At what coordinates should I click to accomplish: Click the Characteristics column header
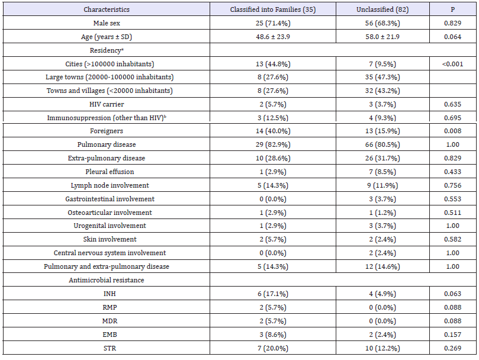click(x=107, y=9)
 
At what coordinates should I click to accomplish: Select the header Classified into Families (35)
click(x=273, y=9)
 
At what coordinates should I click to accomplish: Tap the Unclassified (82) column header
click(x=382, y=9)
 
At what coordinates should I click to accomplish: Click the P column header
click(x=453, y=9)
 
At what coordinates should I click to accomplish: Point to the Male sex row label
click(x=107, y=23)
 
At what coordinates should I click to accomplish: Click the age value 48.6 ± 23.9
click(x=273, y=37)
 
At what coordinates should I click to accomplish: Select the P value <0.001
click(x=453, y=64)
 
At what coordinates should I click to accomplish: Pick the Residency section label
click(x=107, y=50)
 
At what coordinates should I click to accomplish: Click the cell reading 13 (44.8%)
click(x=273, y=64)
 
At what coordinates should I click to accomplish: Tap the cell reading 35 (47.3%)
click(x=382, y=77)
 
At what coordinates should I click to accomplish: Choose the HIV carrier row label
click(x=107, y=104)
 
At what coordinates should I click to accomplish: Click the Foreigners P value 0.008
click(x=453, y=131)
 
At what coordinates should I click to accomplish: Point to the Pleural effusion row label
click(x=110, y=172)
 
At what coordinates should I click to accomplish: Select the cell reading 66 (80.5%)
click(x=382, y=144)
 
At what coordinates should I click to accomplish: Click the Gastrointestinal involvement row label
click(x=110, y=199)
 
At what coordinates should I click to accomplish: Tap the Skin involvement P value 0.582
click(x=453, y=239)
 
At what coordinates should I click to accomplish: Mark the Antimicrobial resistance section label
click(x=107, y=280)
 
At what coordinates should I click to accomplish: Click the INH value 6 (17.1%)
click(x=273, y=294)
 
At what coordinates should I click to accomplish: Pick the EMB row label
click(x=110, y=335)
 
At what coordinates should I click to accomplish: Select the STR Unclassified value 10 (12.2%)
click(x=382, y=348)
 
